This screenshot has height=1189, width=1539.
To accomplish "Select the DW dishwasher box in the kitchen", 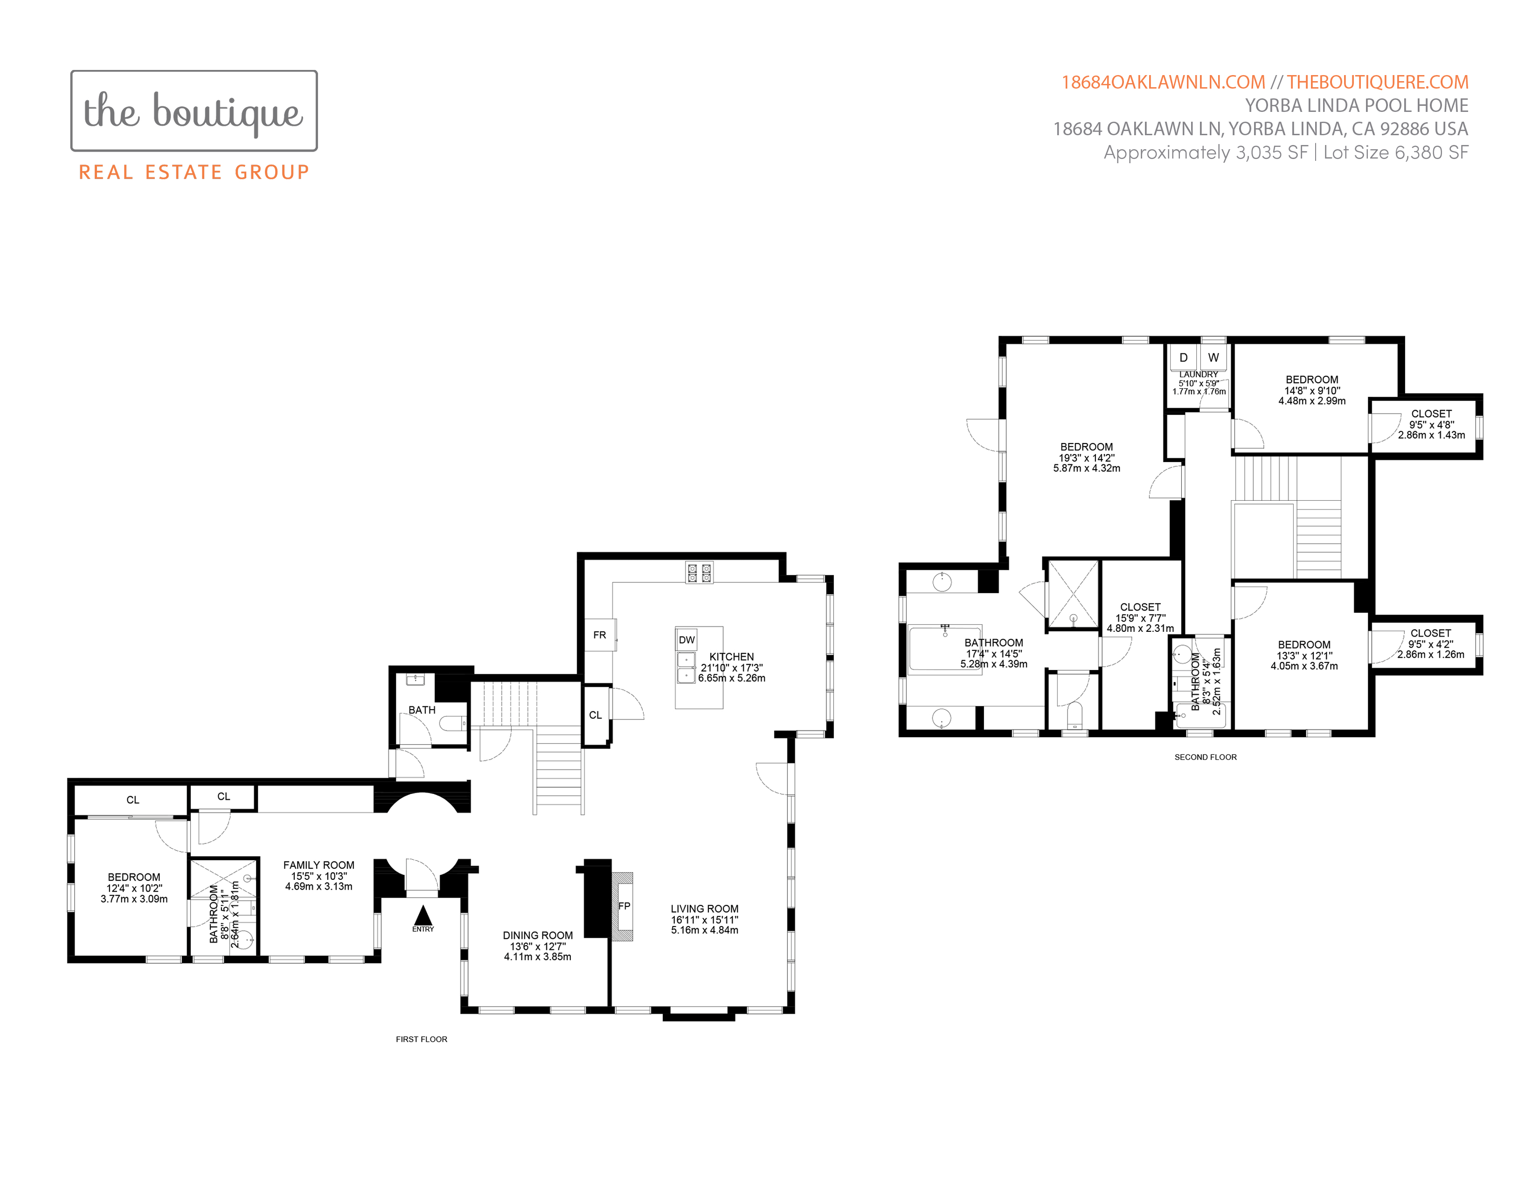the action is pyautogui.click(x=686, y=640).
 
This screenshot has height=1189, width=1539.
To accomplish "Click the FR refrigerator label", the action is pyautogui.click(x=600, y=635).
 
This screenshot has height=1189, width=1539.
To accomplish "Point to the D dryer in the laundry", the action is pyautogui.click(x=1184, y=358).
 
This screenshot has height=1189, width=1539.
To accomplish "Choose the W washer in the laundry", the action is pyautogui.click(x=1213, y=358).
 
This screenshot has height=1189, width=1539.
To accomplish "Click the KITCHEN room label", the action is pyautogui.click(x=731, y=657).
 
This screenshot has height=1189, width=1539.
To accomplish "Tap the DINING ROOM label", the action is pyautogui.click(x=538, y=935).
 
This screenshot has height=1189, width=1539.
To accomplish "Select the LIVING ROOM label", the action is pyautogui.click(x=705, y=909).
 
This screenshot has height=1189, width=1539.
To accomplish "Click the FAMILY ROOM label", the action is pyautogui.click(x=319, y=865).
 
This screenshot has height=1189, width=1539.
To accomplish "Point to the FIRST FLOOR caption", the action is pyautogui.click(x=422, y=1039).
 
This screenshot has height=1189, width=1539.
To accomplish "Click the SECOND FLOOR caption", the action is pyautogui.click(x=1206, y=757).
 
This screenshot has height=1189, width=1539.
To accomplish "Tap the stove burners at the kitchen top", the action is pyautogui.click(x=700, y=572).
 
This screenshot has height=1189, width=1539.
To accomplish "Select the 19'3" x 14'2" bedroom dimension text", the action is pyautogui.click(x=1087, y=458).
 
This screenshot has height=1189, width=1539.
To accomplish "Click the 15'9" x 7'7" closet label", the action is pyautogui.click(x=1140, y=618).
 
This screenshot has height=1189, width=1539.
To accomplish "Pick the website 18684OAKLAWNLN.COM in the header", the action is pyautogui.click(x=1164, y=83).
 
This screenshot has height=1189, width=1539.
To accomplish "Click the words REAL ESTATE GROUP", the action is pyautogui.click(x=194, y=173).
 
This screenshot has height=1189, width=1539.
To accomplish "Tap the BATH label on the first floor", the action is pyautogui.click(x=422, y=710).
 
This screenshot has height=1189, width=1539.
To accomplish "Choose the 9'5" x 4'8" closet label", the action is pyautogui.click(x=1431, y=425).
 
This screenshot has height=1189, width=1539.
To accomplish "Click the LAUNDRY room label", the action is pyautogui.click(x=1199, y=375).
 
